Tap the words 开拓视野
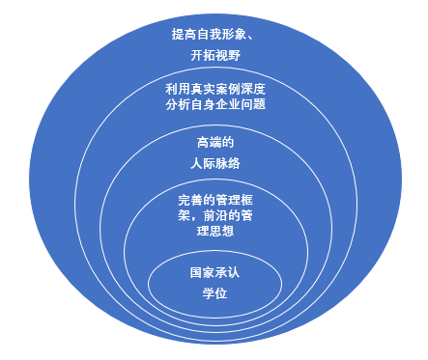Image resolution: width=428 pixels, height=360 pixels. [x=214, y=57]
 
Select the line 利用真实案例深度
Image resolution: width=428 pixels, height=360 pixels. [x=214, y=90]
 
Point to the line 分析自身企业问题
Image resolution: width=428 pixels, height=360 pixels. [x=214, y=105]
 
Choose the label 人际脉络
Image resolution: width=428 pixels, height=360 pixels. [x=214, y=164]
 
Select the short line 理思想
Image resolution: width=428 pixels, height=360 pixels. [x=214, y=233]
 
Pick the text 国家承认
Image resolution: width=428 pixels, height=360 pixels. [x=214, y=273]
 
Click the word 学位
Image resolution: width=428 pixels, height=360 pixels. [x=214, y=292]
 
